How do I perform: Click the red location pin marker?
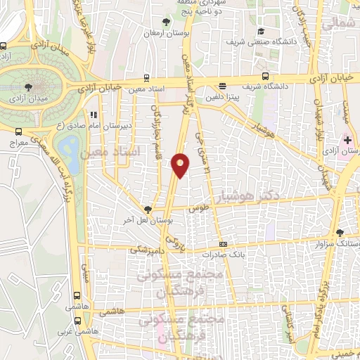pyautogui.click(x=181, y=165)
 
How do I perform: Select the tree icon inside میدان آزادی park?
pyautogui.click(x=27, y=87)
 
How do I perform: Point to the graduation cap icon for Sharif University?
pyautogui.click(x=261, y=31)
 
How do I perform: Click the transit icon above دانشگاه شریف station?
pyautogui.click(x=265, y=76)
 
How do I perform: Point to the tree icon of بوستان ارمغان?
pyautogui.click(x=166, y=22)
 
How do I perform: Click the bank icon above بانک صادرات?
pyautogui.click(x=224, y=244)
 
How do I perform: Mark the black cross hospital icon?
pyautogui.click(x=347, y=140)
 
